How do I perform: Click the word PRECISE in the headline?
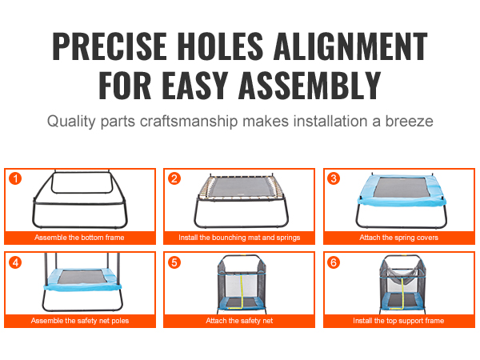click(110, 46)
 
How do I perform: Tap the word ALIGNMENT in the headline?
click(350, 46)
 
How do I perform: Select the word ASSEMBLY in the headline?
click(310, 85)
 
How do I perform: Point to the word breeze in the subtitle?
click(409, 122)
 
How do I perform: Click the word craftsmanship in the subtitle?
click(189, 122)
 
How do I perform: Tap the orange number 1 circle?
click(15, 178)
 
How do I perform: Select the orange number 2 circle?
click(174, 178)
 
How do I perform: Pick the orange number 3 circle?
click(334, 178)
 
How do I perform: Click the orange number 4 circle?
click(15, 262)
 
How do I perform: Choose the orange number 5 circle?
click(174, 262)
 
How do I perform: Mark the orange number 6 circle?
click(334, 262)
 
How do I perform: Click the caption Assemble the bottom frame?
click(79, 238)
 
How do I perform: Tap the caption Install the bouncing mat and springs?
click(239, 238)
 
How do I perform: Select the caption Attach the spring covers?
click(399, 238)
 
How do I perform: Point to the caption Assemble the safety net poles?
click(79, 321)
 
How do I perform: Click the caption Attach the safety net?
click(239, 321)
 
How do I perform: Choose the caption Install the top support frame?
click(398, 321)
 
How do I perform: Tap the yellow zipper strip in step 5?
click(242, 291)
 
